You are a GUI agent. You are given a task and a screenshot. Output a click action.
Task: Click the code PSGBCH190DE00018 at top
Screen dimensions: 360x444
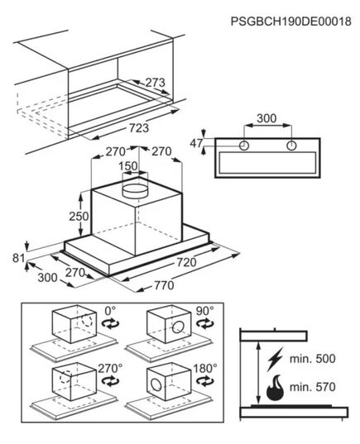point(290,21)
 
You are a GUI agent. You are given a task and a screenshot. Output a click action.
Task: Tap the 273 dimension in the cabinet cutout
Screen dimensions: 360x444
point(155,83)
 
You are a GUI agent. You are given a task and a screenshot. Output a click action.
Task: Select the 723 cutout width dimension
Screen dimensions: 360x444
point(139,127)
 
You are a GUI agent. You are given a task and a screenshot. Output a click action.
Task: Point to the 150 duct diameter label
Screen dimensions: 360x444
point(128,166)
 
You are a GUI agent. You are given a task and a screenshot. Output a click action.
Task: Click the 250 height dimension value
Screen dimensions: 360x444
point(79,217)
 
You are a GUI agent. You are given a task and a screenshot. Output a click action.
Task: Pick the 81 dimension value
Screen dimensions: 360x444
point(19,258)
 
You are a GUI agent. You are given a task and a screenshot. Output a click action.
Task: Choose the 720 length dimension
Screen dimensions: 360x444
point(186,262)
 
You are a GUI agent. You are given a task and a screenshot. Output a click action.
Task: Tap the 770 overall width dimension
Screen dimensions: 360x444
point(164,285)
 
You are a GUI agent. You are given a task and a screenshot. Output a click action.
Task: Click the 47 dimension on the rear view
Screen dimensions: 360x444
point(196,144)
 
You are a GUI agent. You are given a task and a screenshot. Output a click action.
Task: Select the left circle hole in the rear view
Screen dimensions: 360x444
point(244,146)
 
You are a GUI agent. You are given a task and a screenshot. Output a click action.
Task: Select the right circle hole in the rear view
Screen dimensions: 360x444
point(291,146)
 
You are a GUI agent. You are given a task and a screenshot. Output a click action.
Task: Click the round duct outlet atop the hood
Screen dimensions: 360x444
point(135,190)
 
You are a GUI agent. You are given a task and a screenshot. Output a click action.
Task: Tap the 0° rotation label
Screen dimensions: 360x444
point(110,311)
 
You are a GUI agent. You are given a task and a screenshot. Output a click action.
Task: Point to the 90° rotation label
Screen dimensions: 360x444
point(205,311)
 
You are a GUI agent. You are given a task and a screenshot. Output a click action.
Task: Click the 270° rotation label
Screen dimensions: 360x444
point(110,369)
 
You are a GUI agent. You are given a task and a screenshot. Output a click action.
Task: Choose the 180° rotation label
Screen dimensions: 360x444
point(205,369)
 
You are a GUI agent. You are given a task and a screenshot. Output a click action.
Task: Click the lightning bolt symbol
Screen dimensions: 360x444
point(275,359)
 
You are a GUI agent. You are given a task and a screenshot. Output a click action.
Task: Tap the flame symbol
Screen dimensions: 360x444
point(275,388)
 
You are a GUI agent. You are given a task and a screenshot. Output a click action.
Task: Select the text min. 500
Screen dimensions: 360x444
point(312,359)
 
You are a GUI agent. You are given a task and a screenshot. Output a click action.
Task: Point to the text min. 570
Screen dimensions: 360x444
point(312,387)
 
